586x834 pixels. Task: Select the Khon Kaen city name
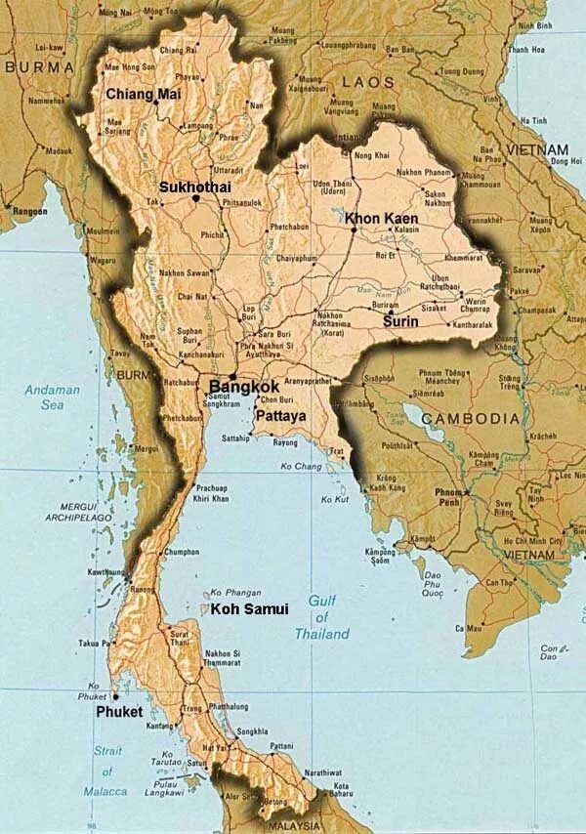[382, 219]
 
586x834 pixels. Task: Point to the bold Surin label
[400, 321]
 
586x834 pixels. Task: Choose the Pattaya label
[280, 416]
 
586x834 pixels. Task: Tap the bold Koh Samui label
[250, 609]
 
